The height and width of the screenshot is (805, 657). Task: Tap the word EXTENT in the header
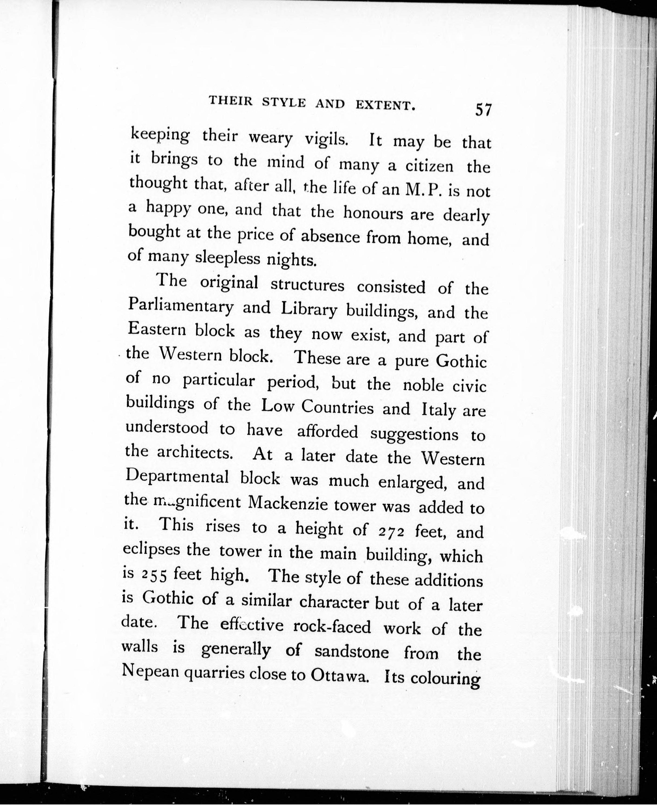tap(385, 106)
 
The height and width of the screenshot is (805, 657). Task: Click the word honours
tap(373, 213)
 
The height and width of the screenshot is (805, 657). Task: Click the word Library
tap(309, 310)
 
